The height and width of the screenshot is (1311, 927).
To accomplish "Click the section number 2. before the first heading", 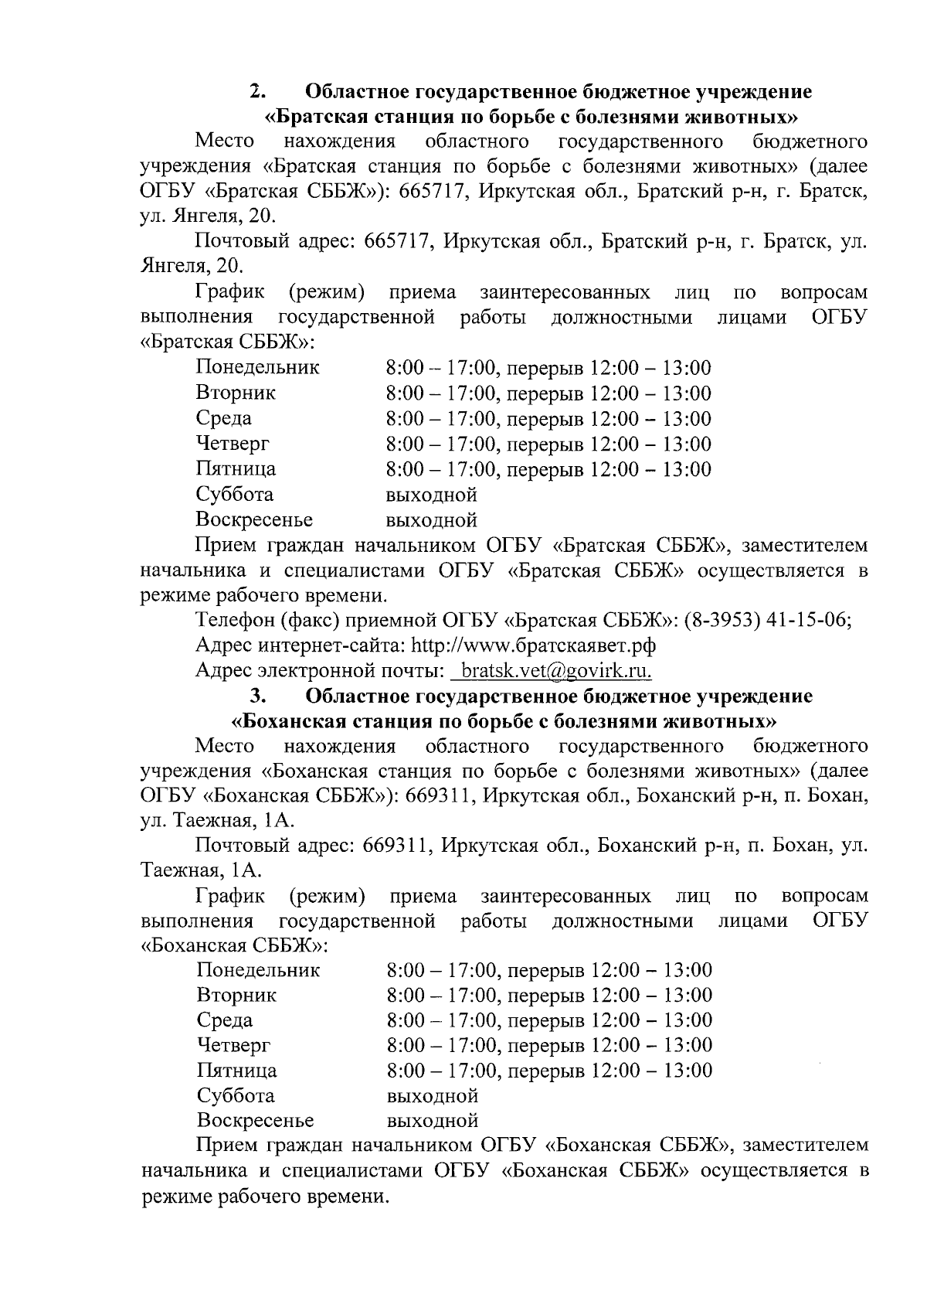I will pos(257,91).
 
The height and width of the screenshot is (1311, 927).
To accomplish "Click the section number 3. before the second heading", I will pos(257,696).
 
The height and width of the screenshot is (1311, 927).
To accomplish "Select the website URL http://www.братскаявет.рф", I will pos(534,645).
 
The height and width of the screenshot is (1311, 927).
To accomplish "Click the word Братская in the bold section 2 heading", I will pos(324,117).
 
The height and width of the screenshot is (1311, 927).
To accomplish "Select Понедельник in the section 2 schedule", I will pos(257,367).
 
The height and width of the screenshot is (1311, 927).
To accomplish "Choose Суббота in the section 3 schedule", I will pos(236,1095).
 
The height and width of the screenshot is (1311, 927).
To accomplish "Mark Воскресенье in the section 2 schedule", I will pos(254,519).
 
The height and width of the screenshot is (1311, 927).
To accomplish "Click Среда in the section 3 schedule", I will pos(225,1020).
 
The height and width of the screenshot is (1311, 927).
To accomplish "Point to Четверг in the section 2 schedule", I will pos(233,443).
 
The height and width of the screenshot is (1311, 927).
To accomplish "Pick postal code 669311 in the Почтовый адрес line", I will pos(397,846).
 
